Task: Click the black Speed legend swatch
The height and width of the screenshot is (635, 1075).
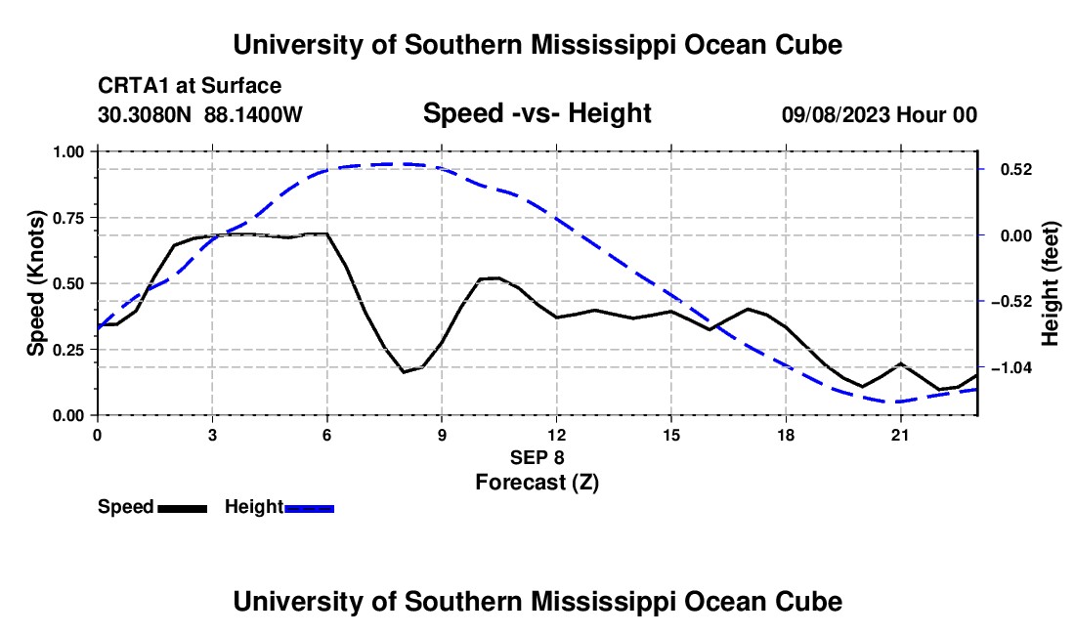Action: (183, 508)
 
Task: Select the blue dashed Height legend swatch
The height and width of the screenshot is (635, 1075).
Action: (309, 508)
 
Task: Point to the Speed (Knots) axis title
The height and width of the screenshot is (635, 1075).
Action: (35, 283)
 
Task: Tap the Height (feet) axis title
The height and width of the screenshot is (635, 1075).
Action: (1050, 283)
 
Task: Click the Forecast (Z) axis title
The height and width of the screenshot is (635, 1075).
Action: (537, 483)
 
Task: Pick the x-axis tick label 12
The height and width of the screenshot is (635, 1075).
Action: (556, 435)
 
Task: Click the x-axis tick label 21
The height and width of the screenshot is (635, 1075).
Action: (899, 435)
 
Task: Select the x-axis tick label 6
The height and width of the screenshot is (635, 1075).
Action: (327, 435)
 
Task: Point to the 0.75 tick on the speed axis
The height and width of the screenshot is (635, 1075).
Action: (67, 218)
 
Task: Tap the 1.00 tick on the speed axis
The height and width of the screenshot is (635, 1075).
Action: (67, 151)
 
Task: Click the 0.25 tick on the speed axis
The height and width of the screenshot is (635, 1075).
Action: (67, 350)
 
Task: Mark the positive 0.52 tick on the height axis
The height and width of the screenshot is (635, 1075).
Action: (1016, 169)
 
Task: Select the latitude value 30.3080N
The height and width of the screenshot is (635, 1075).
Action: (144, 114)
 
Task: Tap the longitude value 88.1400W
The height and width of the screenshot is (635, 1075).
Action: (253, 114)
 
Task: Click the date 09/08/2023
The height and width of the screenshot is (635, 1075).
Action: (836, 114)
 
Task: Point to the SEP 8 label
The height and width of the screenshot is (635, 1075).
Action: (537, 457)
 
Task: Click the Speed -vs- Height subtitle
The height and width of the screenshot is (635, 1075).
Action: (537, 113)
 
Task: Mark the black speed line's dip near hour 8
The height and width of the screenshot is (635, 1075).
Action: (403, 372)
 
